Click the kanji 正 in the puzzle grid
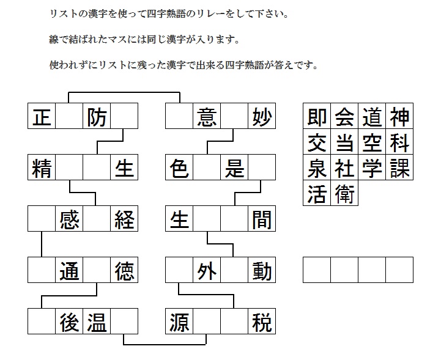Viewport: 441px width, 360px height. (x=42, y=117)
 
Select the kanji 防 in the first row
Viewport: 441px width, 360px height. (x=97, y=117)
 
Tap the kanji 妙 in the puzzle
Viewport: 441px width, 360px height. (x=262, y=117)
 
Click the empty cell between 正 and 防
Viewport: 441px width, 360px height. (x=69, y=116)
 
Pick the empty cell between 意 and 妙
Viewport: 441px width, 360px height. (x=234, y=116)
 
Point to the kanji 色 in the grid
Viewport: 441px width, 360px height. (x=179, y=168)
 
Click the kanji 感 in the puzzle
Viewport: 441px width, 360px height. (x=69, y=220)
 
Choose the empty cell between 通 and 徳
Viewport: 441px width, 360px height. (x=97, y=270)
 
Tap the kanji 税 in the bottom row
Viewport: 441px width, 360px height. (x=262, y=322)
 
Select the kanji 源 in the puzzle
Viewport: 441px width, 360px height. (x=179, y=322)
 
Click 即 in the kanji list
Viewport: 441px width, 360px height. (x=317, y=117)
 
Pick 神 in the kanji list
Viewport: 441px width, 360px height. (x=399, y=117)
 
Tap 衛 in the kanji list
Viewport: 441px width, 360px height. (x=344, y=194)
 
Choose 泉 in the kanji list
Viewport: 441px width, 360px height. (x=317, y=168)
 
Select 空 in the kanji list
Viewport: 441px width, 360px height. (x=372, y=143)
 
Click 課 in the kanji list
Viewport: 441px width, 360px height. (x=399, y=168)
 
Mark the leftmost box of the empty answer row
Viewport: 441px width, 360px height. (x=317, y=270)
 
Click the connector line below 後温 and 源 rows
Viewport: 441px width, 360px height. (x=165, y=344)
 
